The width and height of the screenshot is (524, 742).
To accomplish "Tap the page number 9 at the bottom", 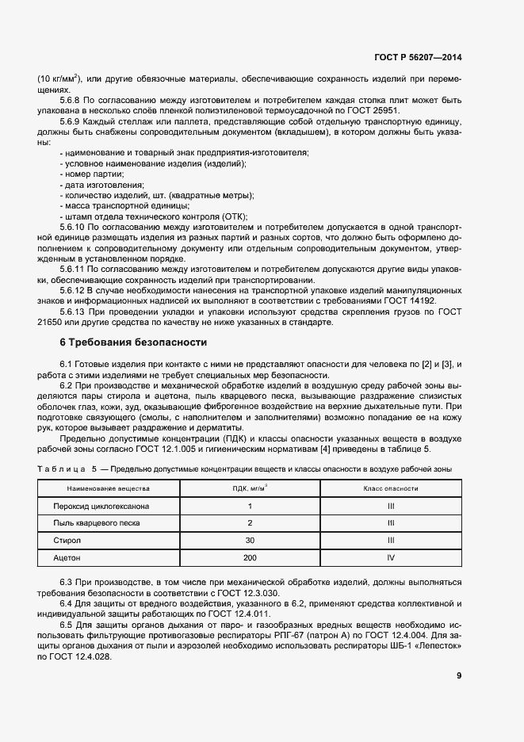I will coord(459,676).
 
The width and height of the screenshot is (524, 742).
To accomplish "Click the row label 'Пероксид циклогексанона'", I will coord(101,506).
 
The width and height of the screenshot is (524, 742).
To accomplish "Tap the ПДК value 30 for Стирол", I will coord(250,541).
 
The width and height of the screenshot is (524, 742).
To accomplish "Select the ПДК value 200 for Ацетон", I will coord(250,558).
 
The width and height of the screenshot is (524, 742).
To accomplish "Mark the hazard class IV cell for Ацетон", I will coord(390,558).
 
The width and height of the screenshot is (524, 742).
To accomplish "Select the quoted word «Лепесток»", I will coord(436,646).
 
